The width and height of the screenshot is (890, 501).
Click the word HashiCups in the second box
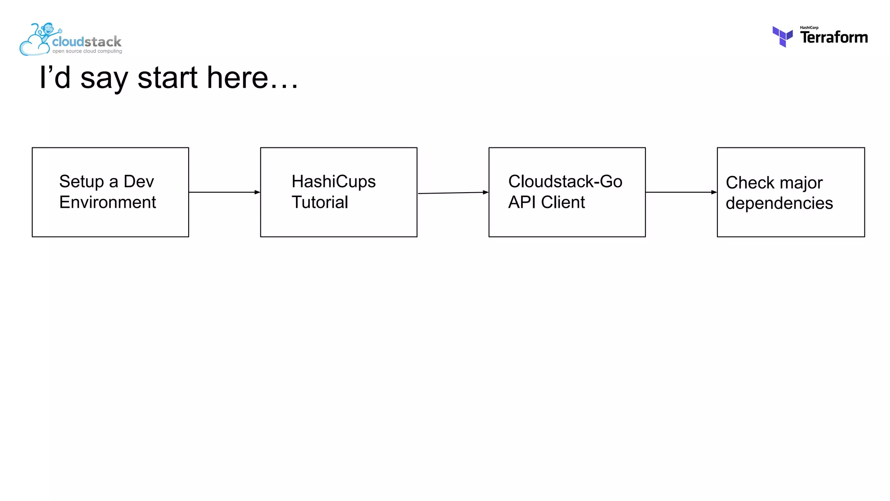(x=333, y=182)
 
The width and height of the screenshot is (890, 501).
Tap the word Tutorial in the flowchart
(x=319, y=202)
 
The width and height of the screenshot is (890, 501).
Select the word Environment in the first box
(x=107, y=202)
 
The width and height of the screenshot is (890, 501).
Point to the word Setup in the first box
(x=81, y=182)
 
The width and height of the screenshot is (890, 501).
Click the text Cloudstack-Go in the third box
(x=565, y=182)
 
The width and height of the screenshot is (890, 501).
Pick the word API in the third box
(x=521, y=202)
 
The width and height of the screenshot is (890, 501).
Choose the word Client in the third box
(x=563, y=202)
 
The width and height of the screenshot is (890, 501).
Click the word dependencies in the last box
(x=779, y=203)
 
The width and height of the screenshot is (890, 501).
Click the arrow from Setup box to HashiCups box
(x=224, y=192)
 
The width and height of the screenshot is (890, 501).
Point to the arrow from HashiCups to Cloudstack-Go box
(x=453, y=193)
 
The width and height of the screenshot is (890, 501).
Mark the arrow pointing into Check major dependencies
(x=681, y=192)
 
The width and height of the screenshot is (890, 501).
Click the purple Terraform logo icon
(x=782, y=37)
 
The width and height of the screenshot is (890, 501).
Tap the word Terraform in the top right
(x=834, y=38)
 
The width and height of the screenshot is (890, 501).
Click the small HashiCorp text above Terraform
(x=809, y=27)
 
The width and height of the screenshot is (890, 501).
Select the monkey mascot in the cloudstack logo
(x=47, y=31)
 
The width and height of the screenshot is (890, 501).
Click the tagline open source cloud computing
(x=87, y=51)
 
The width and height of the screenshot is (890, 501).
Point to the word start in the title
(x=168, y=78)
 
